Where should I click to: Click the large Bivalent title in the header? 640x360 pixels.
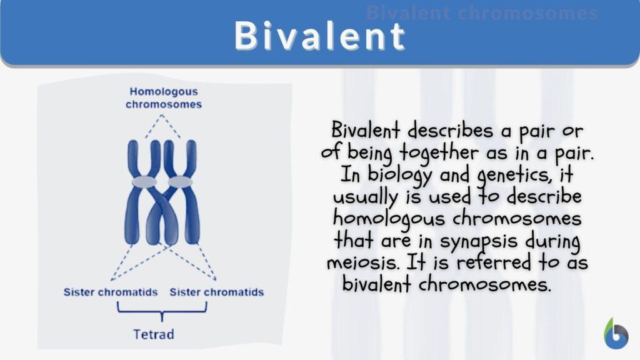320,36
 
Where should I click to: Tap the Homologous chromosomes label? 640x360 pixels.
164,98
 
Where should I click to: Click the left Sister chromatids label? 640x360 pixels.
110,292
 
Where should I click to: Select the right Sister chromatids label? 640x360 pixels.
216,292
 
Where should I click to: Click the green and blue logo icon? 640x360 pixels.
616,333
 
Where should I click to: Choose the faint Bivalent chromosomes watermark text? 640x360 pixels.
481,13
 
